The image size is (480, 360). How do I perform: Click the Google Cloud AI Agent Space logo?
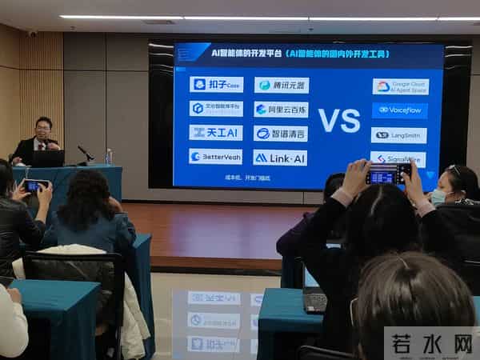tap(400, 86)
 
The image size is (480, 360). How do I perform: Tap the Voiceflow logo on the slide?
tap(399, 110)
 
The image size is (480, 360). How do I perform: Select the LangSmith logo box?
tap(398, 135)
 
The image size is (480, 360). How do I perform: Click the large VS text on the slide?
tap(339, 120)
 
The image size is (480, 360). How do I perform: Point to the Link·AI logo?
tap(280, 158)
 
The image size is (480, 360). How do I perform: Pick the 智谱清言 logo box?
tap(281, 134)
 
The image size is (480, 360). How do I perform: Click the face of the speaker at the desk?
tap(43, 129)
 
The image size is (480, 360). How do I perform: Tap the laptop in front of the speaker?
tap(48, 158)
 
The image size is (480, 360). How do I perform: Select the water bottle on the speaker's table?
tap(109, 156)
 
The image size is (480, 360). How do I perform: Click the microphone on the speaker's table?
tap(85, 151)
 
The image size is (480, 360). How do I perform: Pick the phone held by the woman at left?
tap(33, 186)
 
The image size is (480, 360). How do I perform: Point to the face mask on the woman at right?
tap(438, 196)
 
